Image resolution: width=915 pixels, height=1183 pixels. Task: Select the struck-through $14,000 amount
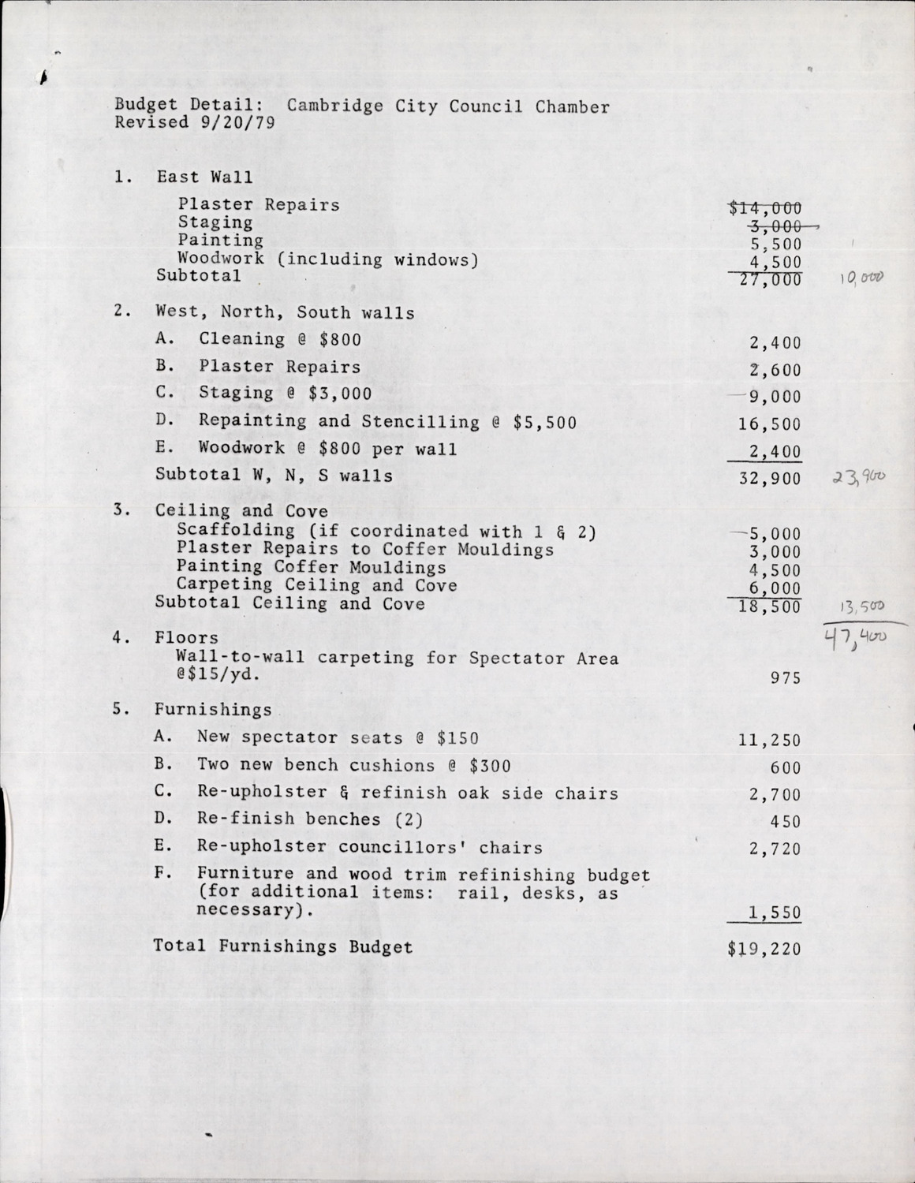pos(765,208)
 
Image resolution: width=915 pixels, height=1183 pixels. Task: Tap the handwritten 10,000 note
pos(863,278)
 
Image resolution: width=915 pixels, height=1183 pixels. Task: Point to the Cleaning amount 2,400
pos(771,343)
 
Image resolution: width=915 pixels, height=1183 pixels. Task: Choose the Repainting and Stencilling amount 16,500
pos(769,424)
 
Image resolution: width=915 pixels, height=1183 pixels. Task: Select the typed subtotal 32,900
pos(769,479)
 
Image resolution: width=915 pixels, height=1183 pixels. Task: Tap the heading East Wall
pos(204,177)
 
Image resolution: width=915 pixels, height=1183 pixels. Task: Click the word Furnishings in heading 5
pos(213,710)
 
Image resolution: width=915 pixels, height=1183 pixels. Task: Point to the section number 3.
pos(119,509)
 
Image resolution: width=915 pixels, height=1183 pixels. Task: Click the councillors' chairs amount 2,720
pos(775,849)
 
